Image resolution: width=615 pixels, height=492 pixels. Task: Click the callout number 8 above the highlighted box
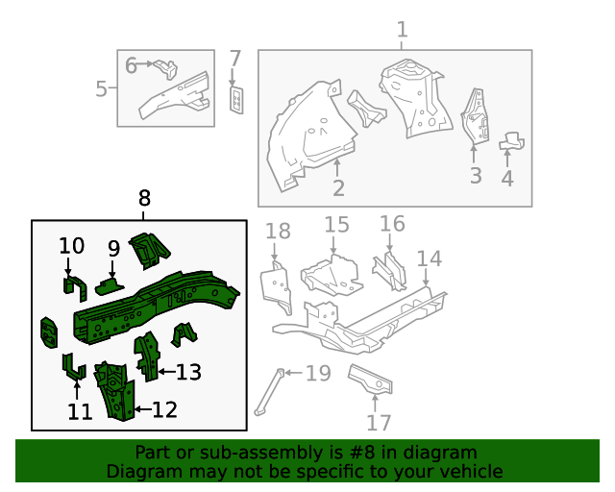pos(144,199)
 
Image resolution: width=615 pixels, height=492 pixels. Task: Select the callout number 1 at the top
pos(402,30)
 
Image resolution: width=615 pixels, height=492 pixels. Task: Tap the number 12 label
pos(164,410)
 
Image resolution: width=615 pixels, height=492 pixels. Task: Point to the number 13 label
pos(187,371)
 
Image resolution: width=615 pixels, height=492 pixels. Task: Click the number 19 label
pos(317,373)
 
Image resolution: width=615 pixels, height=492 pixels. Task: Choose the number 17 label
pos(380,423)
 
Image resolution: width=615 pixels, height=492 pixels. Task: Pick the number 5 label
pos(102,89)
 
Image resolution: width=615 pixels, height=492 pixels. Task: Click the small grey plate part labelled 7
pos(235,98)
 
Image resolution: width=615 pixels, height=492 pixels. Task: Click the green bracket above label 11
pos(71,366)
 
